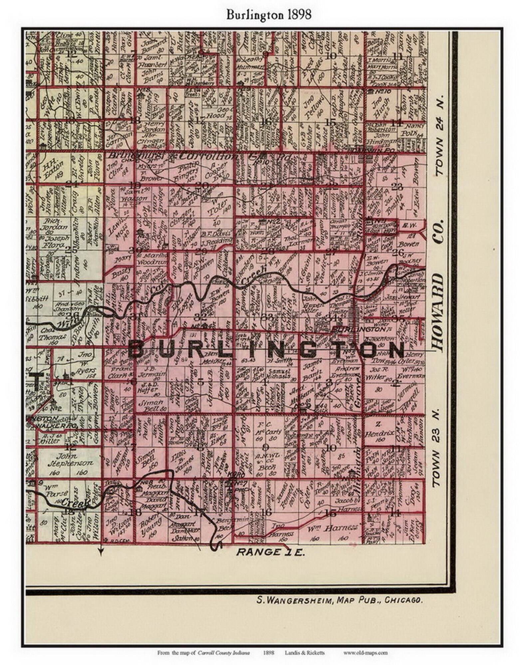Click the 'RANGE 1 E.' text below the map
pyautogui.click(x=270, y=552)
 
